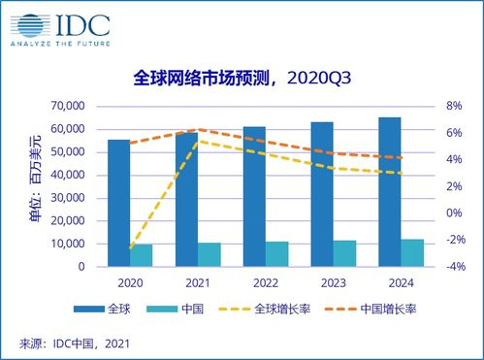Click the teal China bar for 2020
point(142,255)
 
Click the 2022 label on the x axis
point(266,283)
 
